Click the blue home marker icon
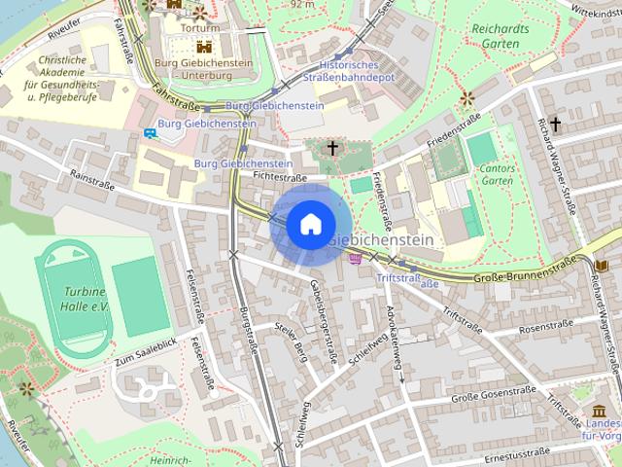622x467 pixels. tap(309, 225)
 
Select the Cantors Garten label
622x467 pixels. tap(498, 174)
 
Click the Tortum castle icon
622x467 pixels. tap(204, 45)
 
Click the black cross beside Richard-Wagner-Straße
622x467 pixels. tap(555, 124)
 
